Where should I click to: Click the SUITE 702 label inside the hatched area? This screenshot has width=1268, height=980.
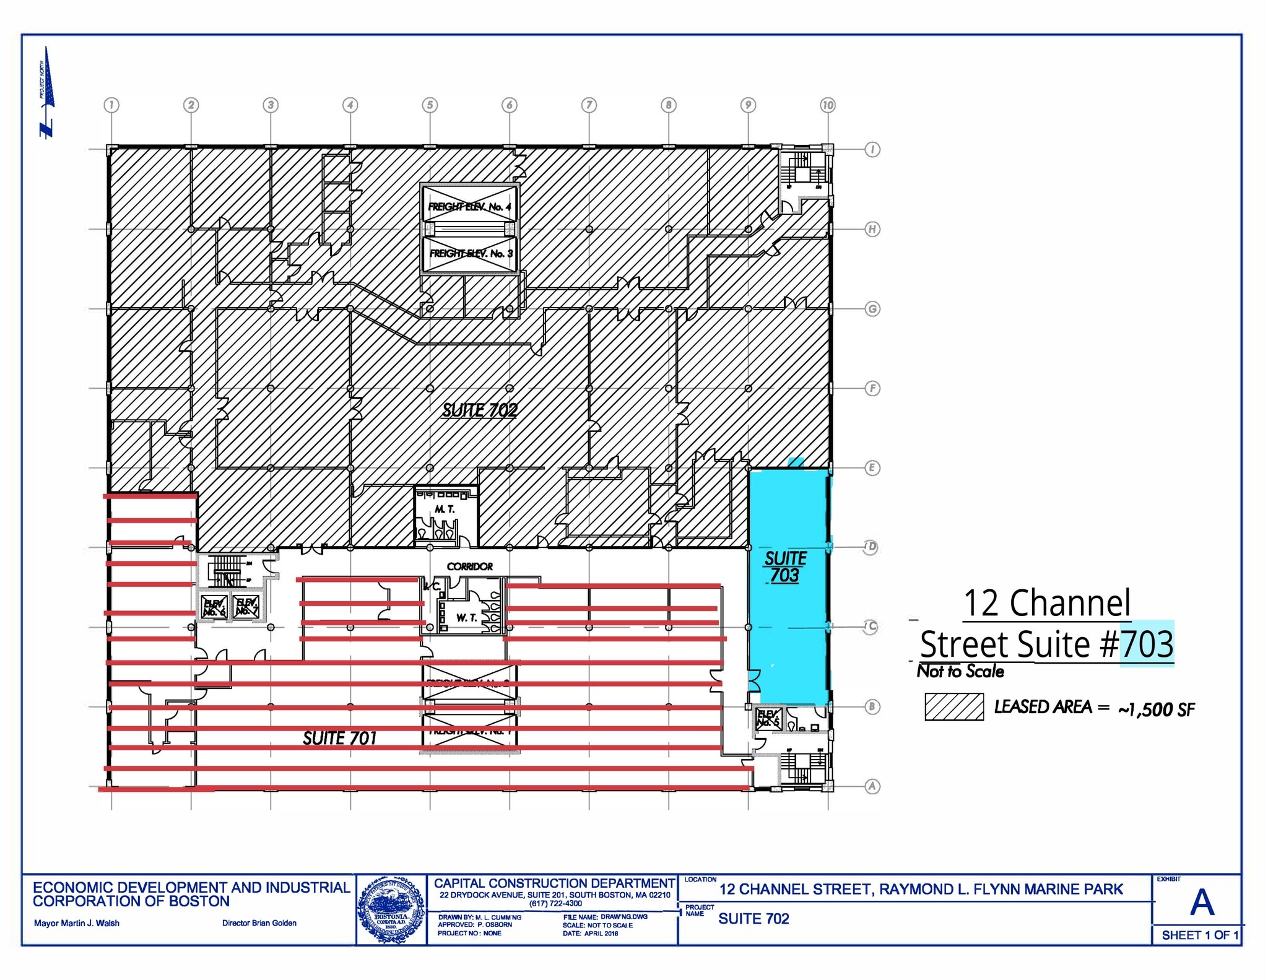pyautogui.click(x=479, y=410)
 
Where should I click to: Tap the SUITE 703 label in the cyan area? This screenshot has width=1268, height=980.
pyautogui.click(x=785, y=566)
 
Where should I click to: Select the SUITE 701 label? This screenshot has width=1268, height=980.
pyautogui.click(x=339, y=738)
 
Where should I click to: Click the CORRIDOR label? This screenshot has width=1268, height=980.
pyautogui.click(x=470, y=566)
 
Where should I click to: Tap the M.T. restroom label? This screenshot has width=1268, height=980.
pyautogui.click(x=445, y=509)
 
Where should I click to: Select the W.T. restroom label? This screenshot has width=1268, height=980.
pyautogui.click(x=466, y=618)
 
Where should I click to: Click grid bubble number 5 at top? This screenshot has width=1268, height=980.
pyautogui.click(x=430, y=105)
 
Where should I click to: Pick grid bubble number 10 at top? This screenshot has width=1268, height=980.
pyautogui.click(x=828, y=105)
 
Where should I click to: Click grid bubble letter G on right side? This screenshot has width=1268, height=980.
pyautogui.click(x=872, y=309)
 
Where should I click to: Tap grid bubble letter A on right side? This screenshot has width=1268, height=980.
pyautogui.click(x=872, y=786)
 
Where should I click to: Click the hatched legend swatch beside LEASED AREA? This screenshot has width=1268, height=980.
pyautogui.click(x=954, y=707)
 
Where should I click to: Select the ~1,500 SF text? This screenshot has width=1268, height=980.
pyautogui.click(x=1156, y=709)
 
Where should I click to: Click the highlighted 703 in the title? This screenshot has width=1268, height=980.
pyautogui.click(x=1147, y=644)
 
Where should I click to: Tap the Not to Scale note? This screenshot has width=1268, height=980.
pyautogui.click(x=960, y=671)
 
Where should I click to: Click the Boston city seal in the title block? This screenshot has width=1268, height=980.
pyautogui.click(x=391, y=909)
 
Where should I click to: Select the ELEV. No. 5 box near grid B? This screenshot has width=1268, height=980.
pyautogui.click(x=768, y=719)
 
